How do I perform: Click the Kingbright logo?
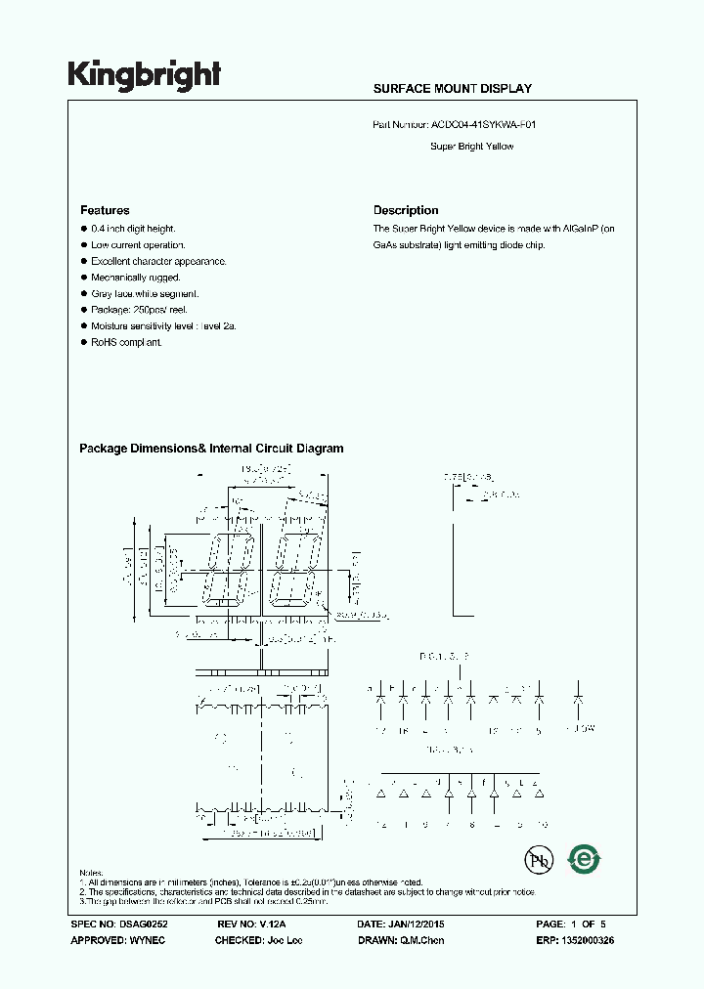click(x=144, y=75)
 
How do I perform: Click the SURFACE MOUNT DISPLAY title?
click(x=452, y=89)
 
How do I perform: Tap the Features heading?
click(x=105, y=210)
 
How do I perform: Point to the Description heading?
click(x=406, y=210)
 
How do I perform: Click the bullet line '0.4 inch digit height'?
click(x=133, y=229)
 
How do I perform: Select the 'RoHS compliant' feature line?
click(x=126, y=343)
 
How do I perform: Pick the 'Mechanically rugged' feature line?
click(x=136, y=278)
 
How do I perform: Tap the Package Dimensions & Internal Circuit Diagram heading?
click(x=211, y=449)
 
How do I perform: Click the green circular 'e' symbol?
click(x=585, y=859)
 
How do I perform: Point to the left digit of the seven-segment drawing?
click(x=231, y=570)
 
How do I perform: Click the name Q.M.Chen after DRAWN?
click(x=425, y=940)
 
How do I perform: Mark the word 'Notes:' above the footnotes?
click(x=93, y=872)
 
